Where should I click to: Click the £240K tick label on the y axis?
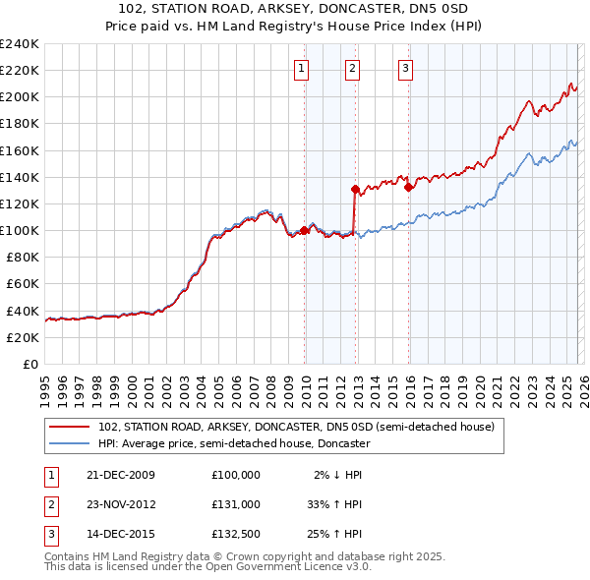pyautogui.click(x=20, y=44)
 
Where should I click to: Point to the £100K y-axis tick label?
pyautogui.click(x=20, y=230)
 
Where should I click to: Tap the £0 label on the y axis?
pyautogui.click(x=30, y=364)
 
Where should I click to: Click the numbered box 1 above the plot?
pyautogui.click(x=299, y=68)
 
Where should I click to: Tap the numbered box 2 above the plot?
pyautogui.click(x=352, y=68)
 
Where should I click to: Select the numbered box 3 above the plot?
pyautogui.click(x=405, y=68)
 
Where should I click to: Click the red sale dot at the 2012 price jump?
pyautogui.click(x=354, y=188)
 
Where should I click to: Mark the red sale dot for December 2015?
pyautogui.click(x=407, y=186)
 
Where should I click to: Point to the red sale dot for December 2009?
pyautogui.click(x=304, y=230)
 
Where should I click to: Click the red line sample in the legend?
pyautogui.click(x=71, y=427)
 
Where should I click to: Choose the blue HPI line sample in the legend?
pyautogui.click(x=71, y=443)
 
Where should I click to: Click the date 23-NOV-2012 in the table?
pyautogui.click(x=122, y=504)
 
